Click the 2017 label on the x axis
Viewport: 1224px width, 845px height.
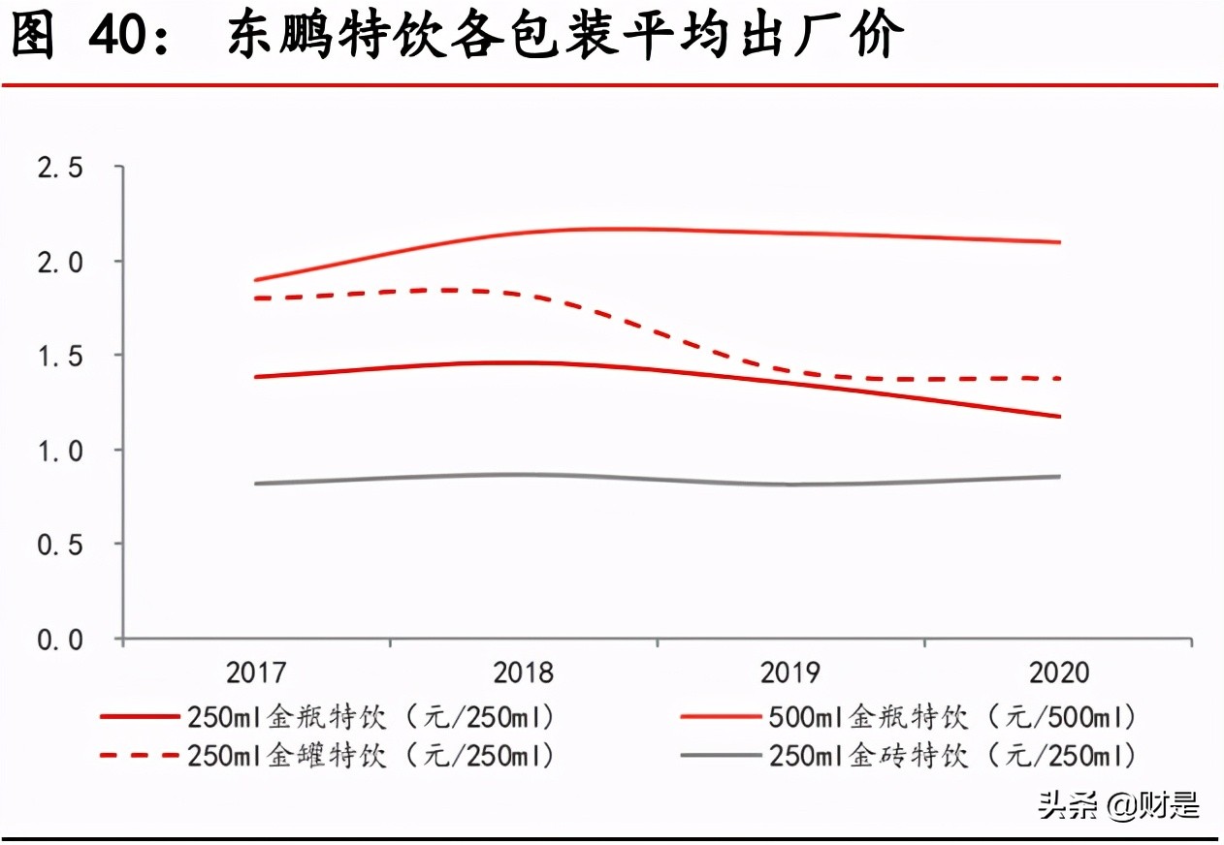[x=256, y=673]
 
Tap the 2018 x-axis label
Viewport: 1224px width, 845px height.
[x=523, y=673]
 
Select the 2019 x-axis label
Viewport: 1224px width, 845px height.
[x=790, y=673]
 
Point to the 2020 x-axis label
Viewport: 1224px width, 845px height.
[x=1057, y=673]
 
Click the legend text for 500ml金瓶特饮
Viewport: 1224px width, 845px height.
[x=951, y=718]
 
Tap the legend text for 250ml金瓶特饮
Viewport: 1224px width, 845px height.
[x=371, y=718]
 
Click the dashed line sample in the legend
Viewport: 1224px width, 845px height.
[x=140, y=755]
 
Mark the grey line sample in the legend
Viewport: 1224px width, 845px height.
[x=721, y=755]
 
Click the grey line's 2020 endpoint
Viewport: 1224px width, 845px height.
[x=1059, y=476]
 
